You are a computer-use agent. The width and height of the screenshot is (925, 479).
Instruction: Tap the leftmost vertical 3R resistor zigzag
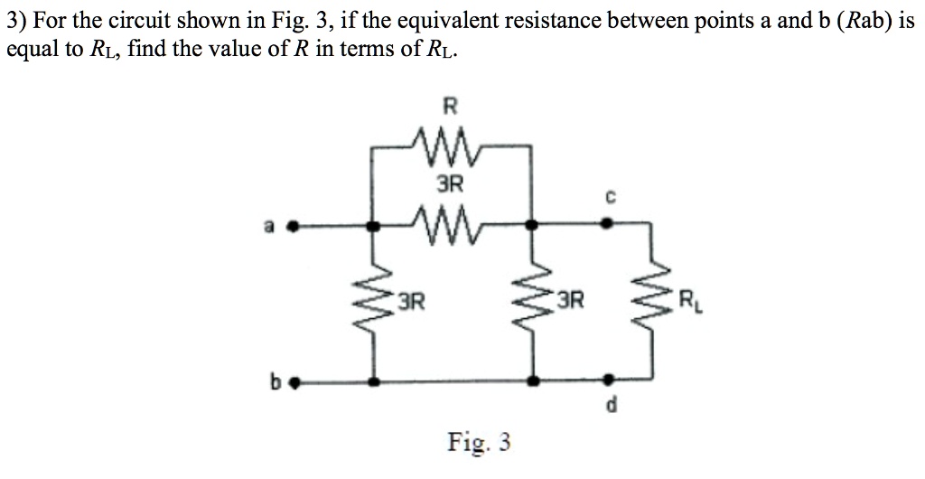pyautogui.click(x=376, y=303)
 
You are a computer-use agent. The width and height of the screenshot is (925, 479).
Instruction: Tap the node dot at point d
pyautogui.click(x=606, y=380)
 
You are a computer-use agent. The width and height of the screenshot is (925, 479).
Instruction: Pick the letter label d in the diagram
pyautogui.click(x=611, y=409)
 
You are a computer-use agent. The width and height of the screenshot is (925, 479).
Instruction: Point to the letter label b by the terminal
pyautogui.click(x=269, y=380)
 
